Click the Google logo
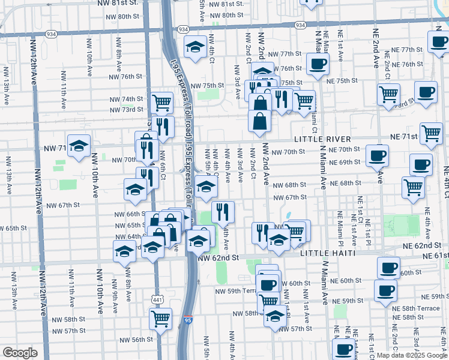click(x=20, y=353)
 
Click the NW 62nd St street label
click(x=218, y=257)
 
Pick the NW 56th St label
click(x=134, y=340)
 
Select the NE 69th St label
click(x=345, y=163)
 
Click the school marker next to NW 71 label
click(x=79, y=146)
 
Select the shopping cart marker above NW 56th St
click(x=160, y=319)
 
